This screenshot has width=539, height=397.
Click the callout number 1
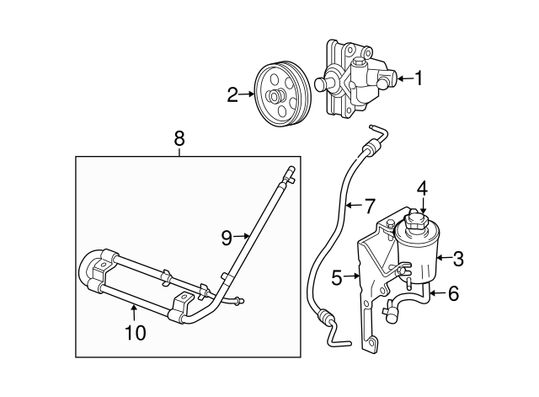tap(418, 78)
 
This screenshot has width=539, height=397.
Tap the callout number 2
tap(232, 94)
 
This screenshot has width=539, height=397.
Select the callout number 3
tap(458, 259)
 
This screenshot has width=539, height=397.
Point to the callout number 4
tap(423, 189)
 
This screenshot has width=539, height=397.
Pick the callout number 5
tap(337, 277)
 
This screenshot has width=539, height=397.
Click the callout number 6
tap(453, 293)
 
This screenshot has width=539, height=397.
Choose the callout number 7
tap(369, 206)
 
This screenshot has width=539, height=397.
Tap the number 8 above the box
tap(179, 139)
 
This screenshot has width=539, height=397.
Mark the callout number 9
tap(227, 238)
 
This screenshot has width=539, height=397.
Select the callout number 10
tap(136, 333)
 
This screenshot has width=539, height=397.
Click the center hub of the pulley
tap(276, 96)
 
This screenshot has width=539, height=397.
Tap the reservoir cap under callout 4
tap(416, 221)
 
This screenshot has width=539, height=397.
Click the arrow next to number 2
tap(247, 94)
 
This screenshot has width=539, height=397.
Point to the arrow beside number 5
tap(352, 276)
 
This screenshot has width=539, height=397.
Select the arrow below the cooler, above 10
tap(134, 314)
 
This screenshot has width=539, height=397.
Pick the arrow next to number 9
tap(241, 236)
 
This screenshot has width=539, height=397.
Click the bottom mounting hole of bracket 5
tap(372, 342)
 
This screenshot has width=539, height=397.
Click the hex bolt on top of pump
tap(358, 63)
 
